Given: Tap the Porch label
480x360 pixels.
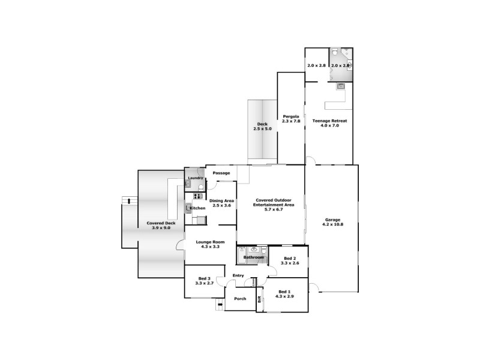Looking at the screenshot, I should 240,298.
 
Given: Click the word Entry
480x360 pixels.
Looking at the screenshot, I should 239,276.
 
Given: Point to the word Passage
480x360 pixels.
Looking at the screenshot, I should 221,173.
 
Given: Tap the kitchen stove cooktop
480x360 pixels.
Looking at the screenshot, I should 197,196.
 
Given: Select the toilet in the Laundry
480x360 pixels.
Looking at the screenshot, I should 187,185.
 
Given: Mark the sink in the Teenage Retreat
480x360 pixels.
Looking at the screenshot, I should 341,86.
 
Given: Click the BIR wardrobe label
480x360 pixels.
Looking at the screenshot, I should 259,299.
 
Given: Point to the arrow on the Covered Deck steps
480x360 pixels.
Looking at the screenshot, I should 126,200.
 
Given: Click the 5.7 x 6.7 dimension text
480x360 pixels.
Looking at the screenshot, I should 274,209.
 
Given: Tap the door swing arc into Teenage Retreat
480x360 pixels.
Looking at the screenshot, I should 310,160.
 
